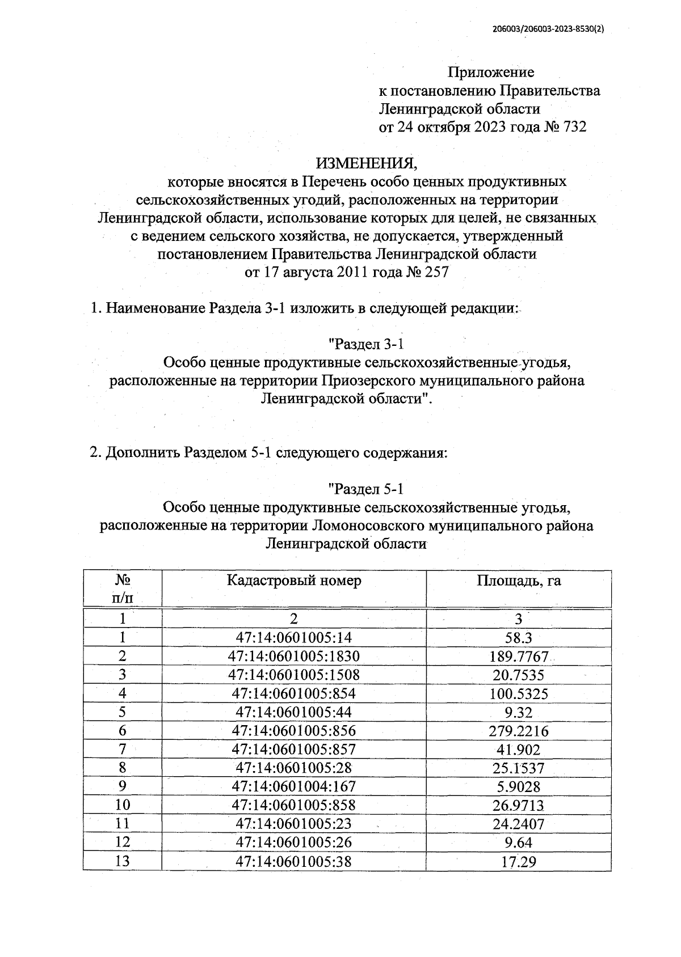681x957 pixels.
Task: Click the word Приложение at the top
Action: [491, 73]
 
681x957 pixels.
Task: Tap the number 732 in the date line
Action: [574, 127]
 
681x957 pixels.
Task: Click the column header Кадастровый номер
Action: [293, 581]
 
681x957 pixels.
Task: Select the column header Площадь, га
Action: [518, 581]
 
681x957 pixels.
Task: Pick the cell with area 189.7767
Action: [518, 657]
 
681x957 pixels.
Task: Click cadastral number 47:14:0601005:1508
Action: [293, 675]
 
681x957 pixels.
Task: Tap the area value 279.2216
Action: [518, 731]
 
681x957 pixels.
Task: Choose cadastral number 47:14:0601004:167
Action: [293, 786]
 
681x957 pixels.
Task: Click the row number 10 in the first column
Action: [122, 805]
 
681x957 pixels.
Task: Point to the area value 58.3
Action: [518, 638]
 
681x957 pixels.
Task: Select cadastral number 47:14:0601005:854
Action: [293, 694]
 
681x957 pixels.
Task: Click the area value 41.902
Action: [518, 749]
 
